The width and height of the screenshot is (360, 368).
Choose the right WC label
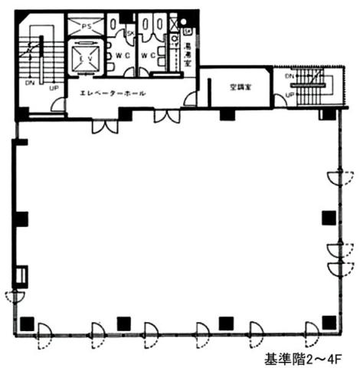[152, 55]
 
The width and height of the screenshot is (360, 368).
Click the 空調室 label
[238, 87]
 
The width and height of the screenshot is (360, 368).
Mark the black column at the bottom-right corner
[329, 323]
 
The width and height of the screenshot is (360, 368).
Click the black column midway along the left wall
[21, 219]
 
